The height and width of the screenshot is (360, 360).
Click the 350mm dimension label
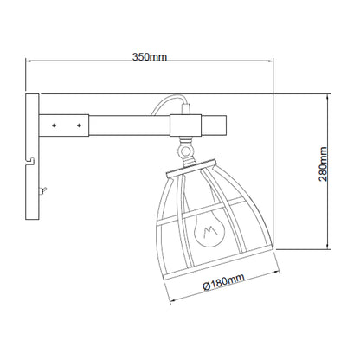coord(150,57)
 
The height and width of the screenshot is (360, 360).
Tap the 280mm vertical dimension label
coord(323,164)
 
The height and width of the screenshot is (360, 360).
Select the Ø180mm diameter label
coord(224,282)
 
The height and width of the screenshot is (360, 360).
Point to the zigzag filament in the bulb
coord(210,232)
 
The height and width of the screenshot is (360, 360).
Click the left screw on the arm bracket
coord(54,125)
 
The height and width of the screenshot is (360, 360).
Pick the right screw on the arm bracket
coord(79,125)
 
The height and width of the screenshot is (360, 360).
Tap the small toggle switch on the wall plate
coord(43,190)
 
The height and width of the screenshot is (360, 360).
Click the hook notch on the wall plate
coord(30,162)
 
